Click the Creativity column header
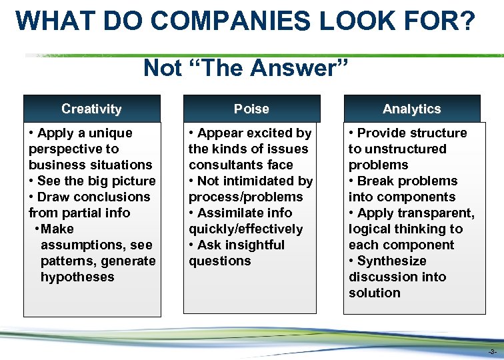point(91,109)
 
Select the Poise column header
point(251,109)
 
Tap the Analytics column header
point(411,109)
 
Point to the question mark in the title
point(468,21)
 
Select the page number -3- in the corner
point(492,351)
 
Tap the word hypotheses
point(77,277)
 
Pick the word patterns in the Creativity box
point(68,261)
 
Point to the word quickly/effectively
point(245,229)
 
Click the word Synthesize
point(391,261)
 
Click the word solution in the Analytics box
point(375,293)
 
